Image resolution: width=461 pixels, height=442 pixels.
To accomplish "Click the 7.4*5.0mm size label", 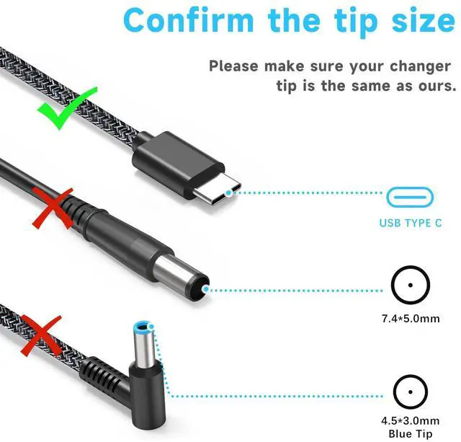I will (x=410, y=318).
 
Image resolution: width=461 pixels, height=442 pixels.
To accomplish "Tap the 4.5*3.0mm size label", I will (x=410, y=420).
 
